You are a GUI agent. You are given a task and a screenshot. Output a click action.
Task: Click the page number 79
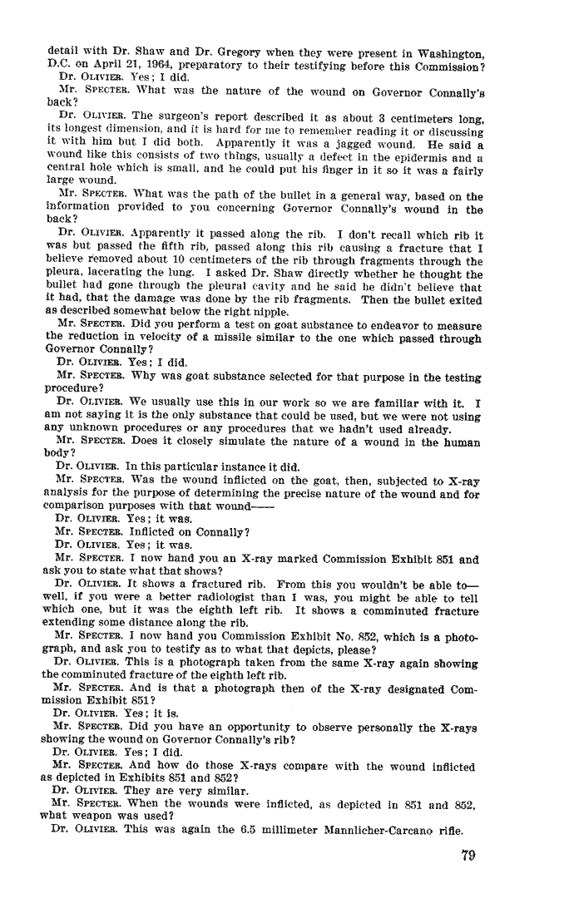(x=467, y=857)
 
